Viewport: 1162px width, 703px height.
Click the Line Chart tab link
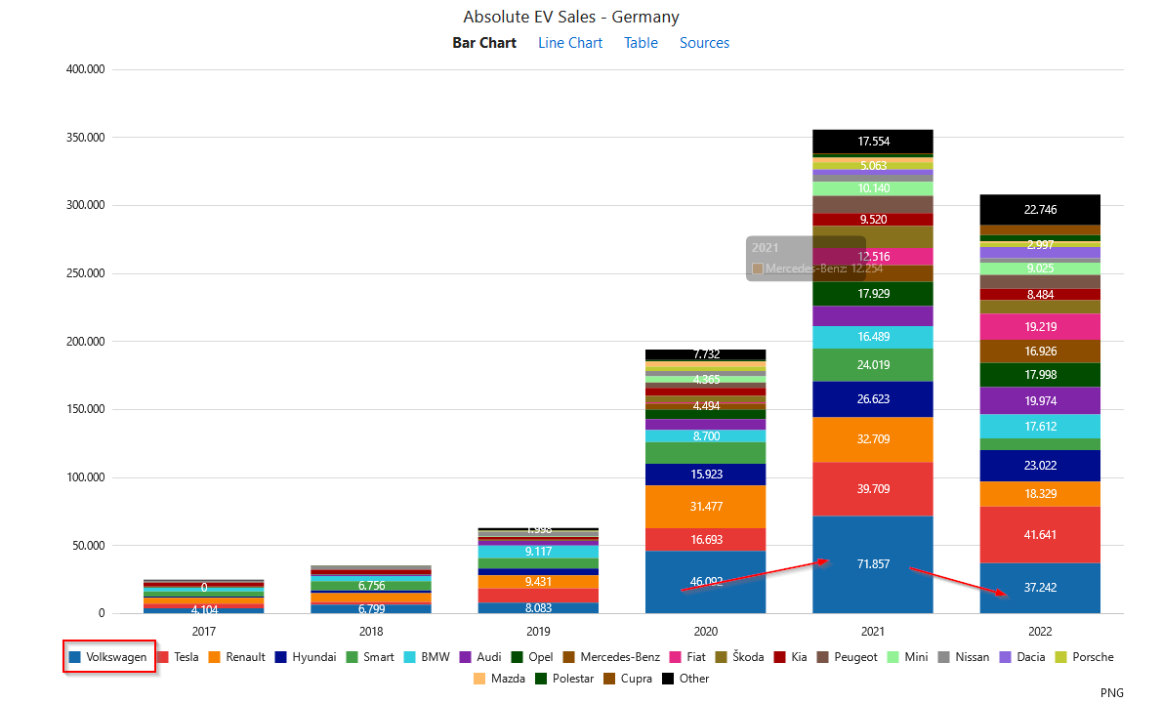point(570,43)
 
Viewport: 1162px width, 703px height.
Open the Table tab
point(641,43)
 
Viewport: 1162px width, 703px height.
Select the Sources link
point(704,43)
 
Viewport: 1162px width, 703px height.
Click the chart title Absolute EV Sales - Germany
point(571,17)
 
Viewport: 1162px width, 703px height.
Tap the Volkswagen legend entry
point(108,657)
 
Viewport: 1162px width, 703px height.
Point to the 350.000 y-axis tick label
point(85,138)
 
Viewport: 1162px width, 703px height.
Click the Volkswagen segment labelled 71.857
point(873,564)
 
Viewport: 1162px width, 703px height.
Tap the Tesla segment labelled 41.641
point(1040,534)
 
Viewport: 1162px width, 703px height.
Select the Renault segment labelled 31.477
point(705,506)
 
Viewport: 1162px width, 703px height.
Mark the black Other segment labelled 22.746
point(1040,209)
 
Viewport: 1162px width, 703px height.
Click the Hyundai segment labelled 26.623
point(873,398)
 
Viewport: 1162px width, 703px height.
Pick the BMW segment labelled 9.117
point(538,552)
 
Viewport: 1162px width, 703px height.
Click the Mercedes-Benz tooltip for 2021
point(806,259)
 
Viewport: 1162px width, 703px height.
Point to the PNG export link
point(1111,692)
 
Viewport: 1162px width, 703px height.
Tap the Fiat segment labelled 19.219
point(1040,326)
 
